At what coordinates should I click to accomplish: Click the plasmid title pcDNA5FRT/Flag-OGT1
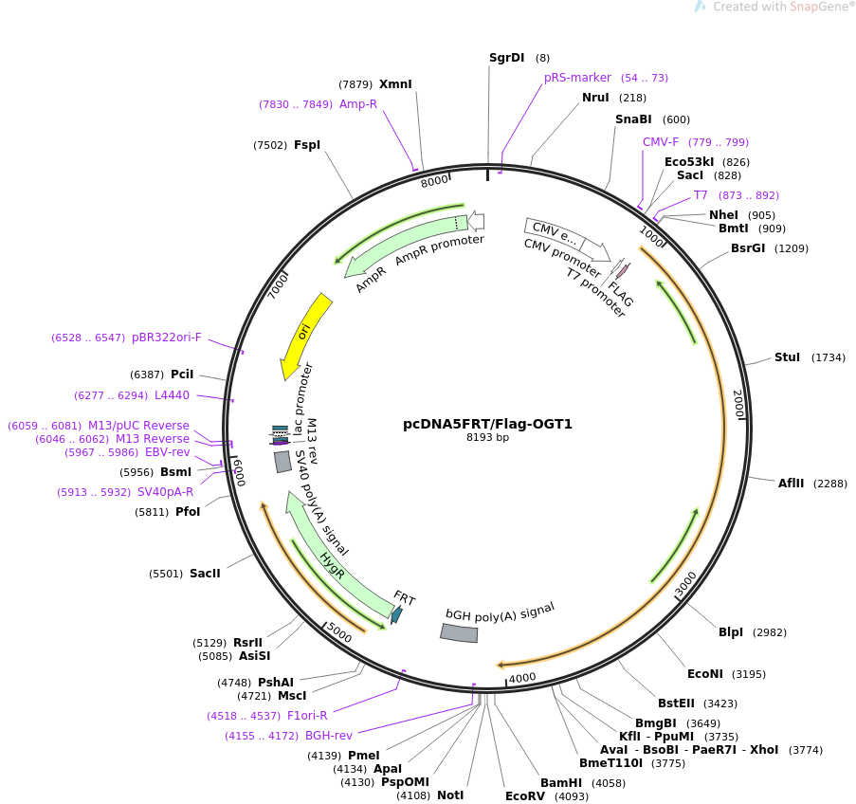487,424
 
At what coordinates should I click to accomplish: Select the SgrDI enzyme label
506,58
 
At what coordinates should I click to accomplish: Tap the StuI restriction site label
787,357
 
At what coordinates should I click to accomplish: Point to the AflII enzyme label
791,484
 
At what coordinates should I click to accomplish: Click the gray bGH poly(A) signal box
460,633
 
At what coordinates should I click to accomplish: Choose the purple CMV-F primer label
661,142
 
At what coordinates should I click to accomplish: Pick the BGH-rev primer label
328,736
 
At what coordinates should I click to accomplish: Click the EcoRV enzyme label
525,796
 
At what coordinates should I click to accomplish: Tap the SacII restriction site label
205,574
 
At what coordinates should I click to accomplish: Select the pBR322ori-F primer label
167,338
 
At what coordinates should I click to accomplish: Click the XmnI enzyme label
395,84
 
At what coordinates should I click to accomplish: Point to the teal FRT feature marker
396,614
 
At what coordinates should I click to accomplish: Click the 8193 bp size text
487,438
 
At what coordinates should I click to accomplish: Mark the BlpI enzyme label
731,632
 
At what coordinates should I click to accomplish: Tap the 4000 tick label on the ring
522,677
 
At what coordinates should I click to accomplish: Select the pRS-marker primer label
577,78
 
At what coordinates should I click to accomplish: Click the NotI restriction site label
450,795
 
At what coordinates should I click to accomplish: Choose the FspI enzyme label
307,145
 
